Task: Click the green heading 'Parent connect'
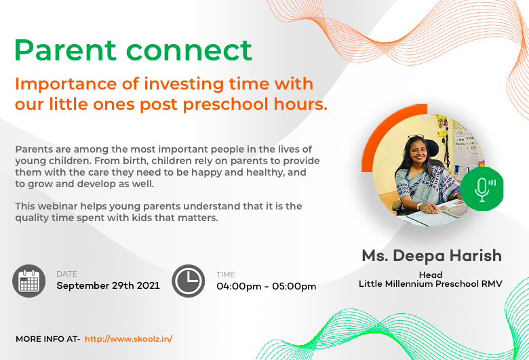(133, 50)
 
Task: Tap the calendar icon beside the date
(29, 281)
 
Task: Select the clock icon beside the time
(188, 281)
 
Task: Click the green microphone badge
(482, 189)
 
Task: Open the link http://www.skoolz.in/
(128, 338)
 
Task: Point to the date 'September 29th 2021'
(108, 285)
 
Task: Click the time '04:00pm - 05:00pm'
(266, 286)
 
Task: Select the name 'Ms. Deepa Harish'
(431, 256)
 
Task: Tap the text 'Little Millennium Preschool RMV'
(431, 284)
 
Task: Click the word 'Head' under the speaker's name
(431, 275)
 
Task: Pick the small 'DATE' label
(66, 274)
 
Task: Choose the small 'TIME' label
(226, 275)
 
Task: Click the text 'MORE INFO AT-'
(47, 338)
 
